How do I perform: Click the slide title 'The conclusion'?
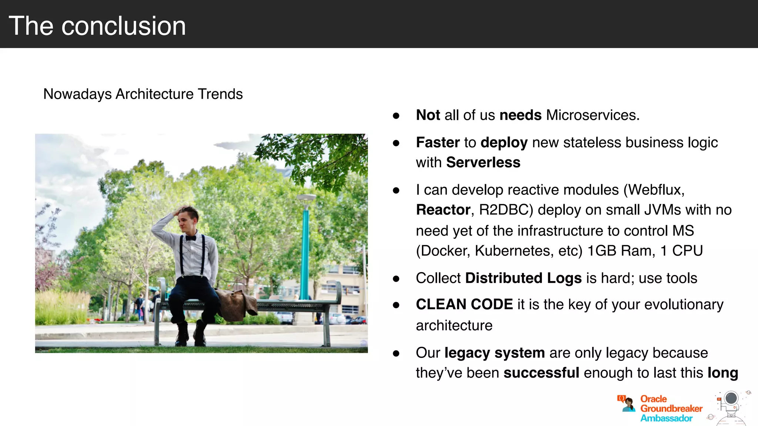pyautogui.click(x=97, y=26)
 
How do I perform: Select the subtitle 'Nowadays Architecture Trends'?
pyautogui.click(x=143, y=94)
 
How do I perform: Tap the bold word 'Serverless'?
pyautogui.click(x=483, y=162)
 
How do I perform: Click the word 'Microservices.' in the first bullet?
pyautogui.click(x=593, y=115)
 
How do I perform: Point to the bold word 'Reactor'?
pyautogui.click(x=443, y=210)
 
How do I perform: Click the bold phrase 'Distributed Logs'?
pyautogui.click(x=523, y=278)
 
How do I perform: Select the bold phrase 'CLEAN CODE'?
pyautogui.click(x=464, y=304)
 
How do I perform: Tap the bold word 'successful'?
pyautogui.click(x=541, y=373)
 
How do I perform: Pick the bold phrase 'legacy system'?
pyautogui.click(x=494, y=353)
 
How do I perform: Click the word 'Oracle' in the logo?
pyautogui.click(x=653, y=399)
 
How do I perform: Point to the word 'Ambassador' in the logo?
pyautogui.click(x=666, y=418)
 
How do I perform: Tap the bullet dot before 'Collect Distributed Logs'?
pyautogui.click(x=396, y=279)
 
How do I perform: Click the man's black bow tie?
pyautogui.click(x=191, y=238)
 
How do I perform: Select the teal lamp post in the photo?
pyautogui.click(x=305, y=251)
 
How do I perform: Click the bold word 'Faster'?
pyautogui.click(x=437, y=142)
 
